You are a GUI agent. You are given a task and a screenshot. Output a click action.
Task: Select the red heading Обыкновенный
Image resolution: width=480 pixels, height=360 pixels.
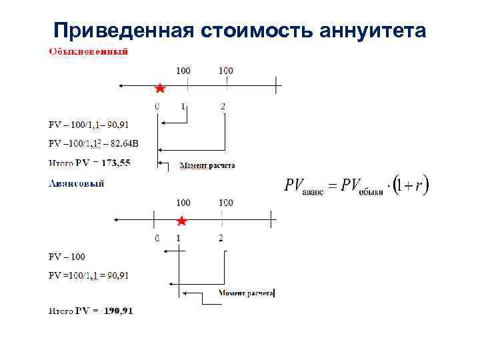pyautogui.click(x=88, y=51)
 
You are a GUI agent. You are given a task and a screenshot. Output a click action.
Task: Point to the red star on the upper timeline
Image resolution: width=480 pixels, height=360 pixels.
pyautogui.click(x=160, y=88)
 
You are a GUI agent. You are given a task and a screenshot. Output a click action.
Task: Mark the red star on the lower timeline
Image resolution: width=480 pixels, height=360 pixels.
pyautogui.click(x=180, y=221)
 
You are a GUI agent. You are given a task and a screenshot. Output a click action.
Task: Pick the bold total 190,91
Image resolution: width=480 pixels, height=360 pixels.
pyautogui.click(x=118, y=311)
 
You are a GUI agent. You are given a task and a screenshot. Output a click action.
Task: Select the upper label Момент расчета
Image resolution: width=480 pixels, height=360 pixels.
pyautogui.click(x=207, y=165)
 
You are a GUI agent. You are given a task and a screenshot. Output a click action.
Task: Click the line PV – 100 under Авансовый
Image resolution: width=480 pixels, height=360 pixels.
pyautogui.click(x=67, y=257)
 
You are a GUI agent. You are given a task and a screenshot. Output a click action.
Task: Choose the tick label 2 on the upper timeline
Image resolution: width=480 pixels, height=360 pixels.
pyautogui.click(x=223, y=107)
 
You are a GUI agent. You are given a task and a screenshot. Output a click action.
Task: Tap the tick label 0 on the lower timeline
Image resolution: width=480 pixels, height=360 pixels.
pyautogui.click(x=157, y=238)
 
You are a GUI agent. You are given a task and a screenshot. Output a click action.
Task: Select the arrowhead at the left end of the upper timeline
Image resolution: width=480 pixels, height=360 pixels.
pyautogui.click(x=120, y=85)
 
